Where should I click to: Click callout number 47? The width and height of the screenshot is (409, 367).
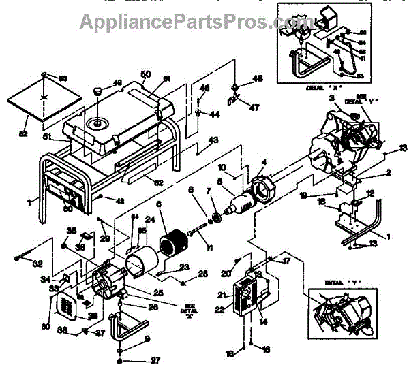(x=237, y=108)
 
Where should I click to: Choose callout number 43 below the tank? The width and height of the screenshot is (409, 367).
(x=213, y=140)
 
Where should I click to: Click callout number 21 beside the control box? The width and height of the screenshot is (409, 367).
(x=223, y=294)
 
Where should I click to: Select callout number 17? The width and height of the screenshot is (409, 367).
(x=288, y=259)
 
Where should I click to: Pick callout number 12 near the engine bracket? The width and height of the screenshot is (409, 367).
(x=370, y=194)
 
